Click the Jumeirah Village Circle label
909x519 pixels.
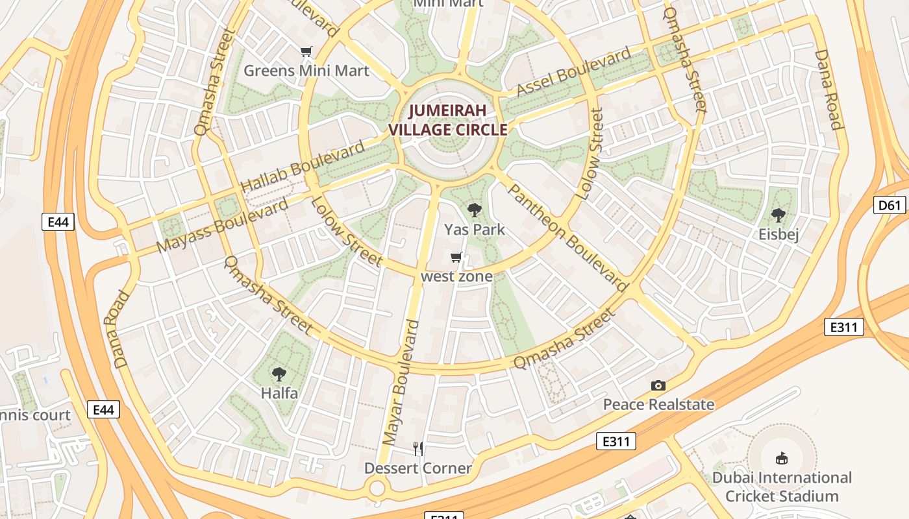click(x=447, y=120)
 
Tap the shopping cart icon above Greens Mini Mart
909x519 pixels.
click(x=306, y=52)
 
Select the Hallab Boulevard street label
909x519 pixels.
click(x=303, y=167)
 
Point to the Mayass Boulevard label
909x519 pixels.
click(x=223, y=226)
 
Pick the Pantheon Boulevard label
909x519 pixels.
click(x=567, y=237)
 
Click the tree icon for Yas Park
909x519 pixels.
click(x=475, y=210)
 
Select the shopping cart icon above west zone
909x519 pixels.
click(x=456, y=258)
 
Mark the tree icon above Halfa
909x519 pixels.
click(x=279, y=374)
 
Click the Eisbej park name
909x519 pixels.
click(x=778, y=234)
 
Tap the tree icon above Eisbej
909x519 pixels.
click(x=778, y=215)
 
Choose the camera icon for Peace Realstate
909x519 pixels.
click(x=658, y=386)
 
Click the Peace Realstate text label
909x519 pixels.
click(x=658, y=405)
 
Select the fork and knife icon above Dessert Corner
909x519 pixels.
click(x=418, y=448)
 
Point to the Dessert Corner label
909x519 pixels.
click(x=417, y=468)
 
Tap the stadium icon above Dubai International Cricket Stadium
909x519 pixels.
click(x=782, y=459)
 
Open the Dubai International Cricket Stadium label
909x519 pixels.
click(x=782, y=487)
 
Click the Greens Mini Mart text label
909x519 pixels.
click(x=306, y=71)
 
